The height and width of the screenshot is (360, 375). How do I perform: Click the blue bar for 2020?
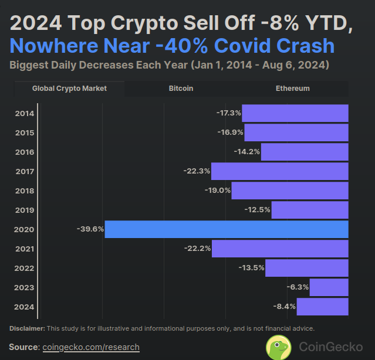click(x=227, y=229)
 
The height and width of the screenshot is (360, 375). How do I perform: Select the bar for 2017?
click(x=280, y=171)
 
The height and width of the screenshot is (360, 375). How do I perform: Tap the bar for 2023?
click(x=329, y=287)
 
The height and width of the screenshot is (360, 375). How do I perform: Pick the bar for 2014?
click(x=295, y=113)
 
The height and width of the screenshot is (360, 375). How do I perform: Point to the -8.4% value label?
click(x=284, y=307)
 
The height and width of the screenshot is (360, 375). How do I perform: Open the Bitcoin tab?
click(x=181, y=89)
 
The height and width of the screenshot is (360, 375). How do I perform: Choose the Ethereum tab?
click(x=292, y=89)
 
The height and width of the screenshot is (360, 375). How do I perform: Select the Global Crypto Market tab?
click(x=69, y=89)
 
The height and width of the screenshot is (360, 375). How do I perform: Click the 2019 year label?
click(x=25, y=210)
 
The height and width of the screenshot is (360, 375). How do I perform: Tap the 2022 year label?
click(x=25, y=268)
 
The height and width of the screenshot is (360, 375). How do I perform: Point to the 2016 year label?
click(x=25, y=152)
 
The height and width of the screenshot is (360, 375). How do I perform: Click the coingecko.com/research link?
click(x=92, y=347)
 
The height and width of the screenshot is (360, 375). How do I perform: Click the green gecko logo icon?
click(x=279, y=347)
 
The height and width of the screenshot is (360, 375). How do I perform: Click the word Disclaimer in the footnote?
click(x=27, y=328)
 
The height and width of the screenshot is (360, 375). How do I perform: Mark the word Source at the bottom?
click(x=23, y=347)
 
